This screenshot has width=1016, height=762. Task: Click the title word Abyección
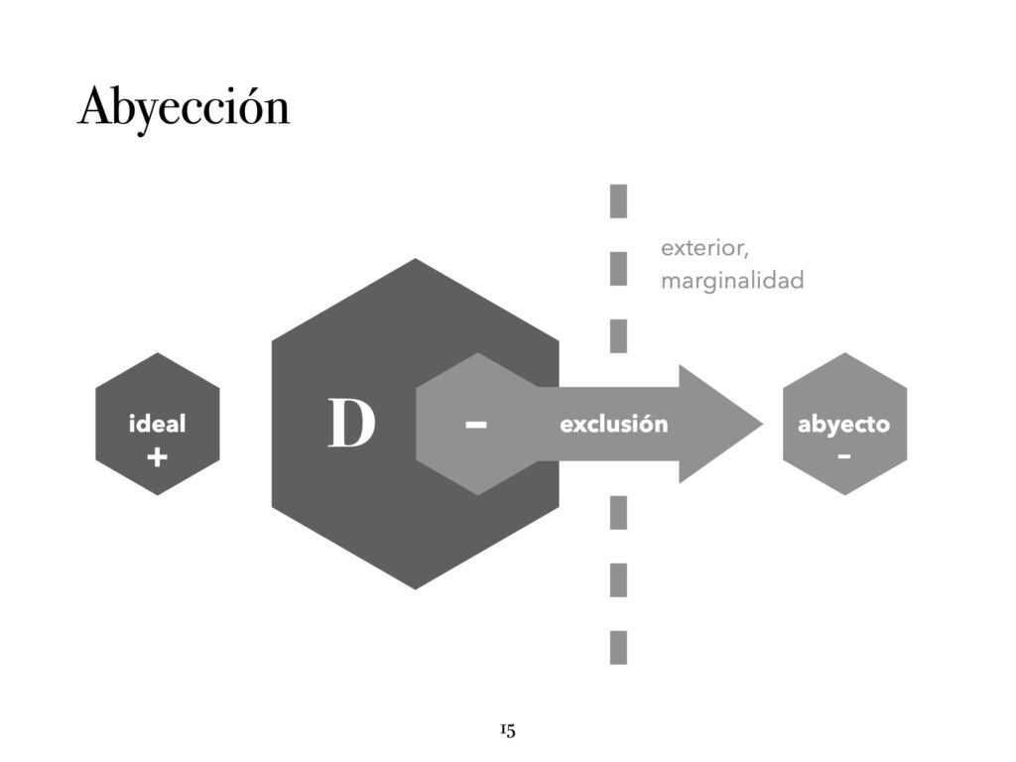pos(184,107)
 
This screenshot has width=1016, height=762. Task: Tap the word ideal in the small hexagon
pos(157,425)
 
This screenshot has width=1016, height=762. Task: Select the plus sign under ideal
pos(157,457)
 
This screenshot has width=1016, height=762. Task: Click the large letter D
pos(352,425)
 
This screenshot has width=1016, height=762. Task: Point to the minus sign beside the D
pos(476,425)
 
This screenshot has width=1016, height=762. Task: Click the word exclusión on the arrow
pos(614,425)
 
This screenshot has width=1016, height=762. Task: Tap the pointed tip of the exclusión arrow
pos(760,425)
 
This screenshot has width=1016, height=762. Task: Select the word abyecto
pos(843,425)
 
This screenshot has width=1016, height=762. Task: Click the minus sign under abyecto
pos(843,456)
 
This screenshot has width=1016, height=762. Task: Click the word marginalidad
pos(732,281)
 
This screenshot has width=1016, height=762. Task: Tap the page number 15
pos(507,731)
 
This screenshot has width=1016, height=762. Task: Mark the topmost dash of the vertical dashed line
pos(618,200)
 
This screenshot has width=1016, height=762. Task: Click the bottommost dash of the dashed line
pos(618,647)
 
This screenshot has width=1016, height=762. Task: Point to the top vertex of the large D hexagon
pos(415,260)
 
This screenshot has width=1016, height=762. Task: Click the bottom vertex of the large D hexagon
pos(415,588)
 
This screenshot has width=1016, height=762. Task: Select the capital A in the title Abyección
pos(93,106)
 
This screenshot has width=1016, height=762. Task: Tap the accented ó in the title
pos(249,108)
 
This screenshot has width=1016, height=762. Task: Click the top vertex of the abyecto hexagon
pos(844,353)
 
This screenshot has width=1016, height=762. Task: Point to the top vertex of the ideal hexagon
pos(157,353)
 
